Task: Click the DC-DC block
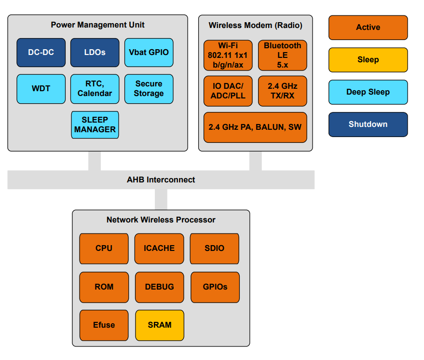click(x=41, y=52)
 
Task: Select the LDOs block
click(x=95, y=52)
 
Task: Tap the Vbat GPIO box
click(x=149, y=52)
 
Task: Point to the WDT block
click(x=41, y=89)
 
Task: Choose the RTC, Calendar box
click(x=95, y=89)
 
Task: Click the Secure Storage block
click(x=149, y=89)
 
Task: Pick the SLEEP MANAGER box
click(x=95, y=125)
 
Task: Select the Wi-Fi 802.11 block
click(x=228, y=55)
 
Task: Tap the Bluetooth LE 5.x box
click(x=282, y=55)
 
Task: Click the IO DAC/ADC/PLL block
click(x=228, y=91)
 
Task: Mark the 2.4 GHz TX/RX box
click(x=282, y=91)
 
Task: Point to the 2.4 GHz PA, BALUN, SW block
click(x=255, y=127)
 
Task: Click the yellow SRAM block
click(x=160, y=325)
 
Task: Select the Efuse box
click(x=104, y=325)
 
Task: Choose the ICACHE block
click(x=159, y=249)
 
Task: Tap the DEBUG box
click(x=159, y=287)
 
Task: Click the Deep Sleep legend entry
click(x=368, y=92)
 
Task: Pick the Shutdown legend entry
click(x=368, y=125)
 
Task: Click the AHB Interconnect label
click(x=161, y=180)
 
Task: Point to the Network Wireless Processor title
click(x=161, y=220)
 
